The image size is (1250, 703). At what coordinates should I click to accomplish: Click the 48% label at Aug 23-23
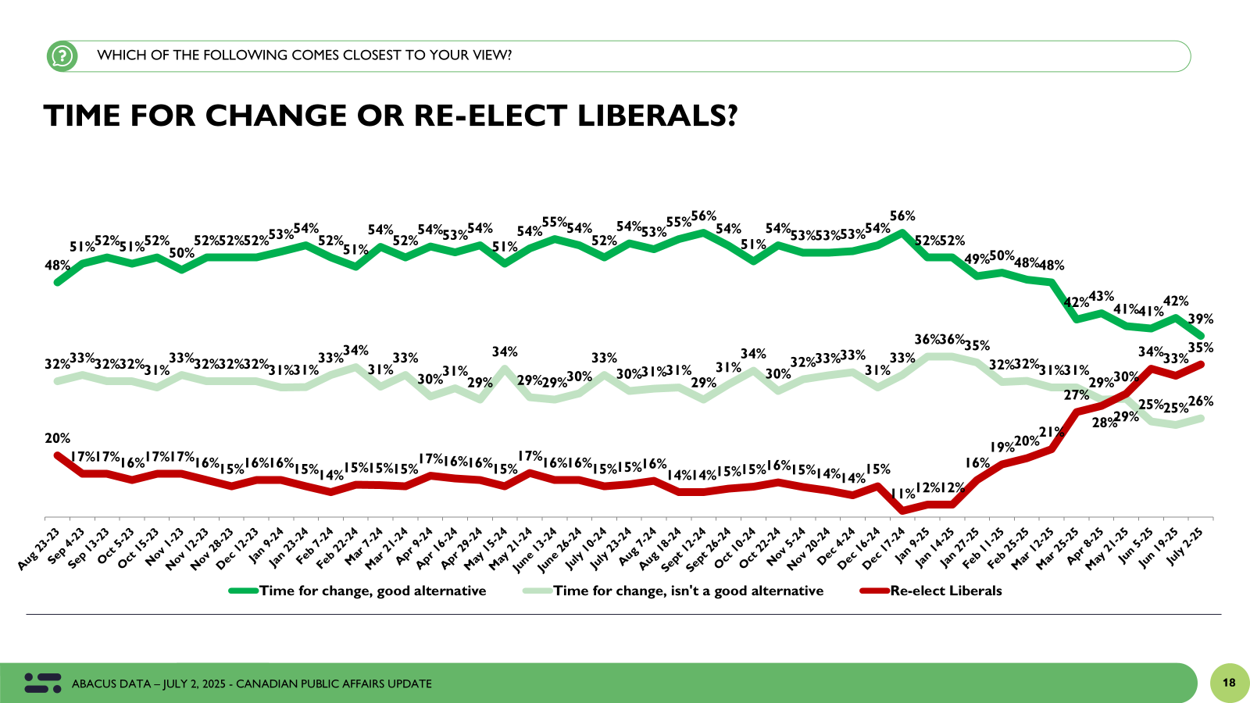click(x=57, y=266)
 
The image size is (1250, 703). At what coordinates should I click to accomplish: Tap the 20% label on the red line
click(x=57, y=438)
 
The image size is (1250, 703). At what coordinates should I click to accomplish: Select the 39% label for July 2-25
click(x=1201, y=319)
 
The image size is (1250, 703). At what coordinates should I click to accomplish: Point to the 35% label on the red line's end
click(x=1201, y=348)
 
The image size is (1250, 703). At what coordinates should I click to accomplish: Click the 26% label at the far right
click(x=1201, y=401)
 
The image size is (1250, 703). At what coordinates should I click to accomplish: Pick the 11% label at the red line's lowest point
click(x=903, y=494)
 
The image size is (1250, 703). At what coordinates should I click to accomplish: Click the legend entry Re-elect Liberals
click(x=945, y=591)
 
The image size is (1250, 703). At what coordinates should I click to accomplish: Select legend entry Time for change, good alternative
click(x=372, y=591)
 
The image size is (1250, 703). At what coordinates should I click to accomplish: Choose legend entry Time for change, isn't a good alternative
click(x=687, y=591)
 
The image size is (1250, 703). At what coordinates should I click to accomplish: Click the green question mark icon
click(x=62, y=56)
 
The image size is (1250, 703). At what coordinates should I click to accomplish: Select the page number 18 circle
click(x=1229, y=683)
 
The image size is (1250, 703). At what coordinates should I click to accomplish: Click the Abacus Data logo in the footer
click(x=43, y=683)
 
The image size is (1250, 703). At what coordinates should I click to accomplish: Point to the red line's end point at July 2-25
click(x=1201, y=364)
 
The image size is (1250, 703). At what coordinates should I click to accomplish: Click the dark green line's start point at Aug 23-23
click(x=57, y=282)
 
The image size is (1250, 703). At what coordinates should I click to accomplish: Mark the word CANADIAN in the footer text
click(x=261, y=683)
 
